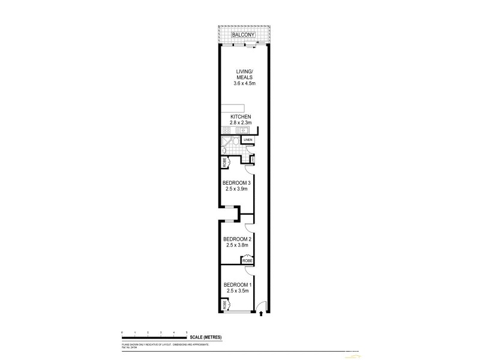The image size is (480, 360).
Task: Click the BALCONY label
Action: (x=244, y=36)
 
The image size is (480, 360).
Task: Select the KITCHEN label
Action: (x=239, y=116)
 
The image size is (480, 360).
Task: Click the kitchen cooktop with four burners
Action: (x=228, y=130)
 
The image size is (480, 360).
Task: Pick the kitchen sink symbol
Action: (x=244, y=130)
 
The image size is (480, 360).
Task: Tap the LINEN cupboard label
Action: (x=248, y=140)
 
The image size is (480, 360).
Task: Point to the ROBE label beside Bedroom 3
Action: (x=223, y=162)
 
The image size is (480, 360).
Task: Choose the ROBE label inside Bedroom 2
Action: (x=247, y=260)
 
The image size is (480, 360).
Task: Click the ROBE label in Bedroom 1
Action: (x=223, y=304)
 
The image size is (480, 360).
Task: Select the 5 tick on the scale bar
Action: (x=187, y=332)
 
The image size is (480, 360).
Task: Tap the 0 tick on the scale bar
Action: (x=122, y=332)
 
